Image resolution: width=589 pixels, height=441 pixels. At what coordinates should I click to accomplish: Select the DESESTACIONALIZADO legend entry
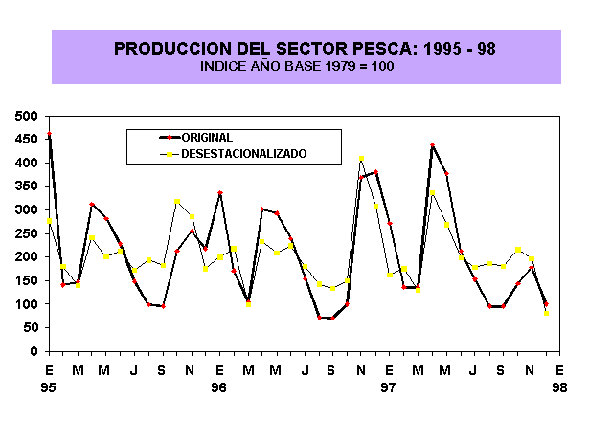243,153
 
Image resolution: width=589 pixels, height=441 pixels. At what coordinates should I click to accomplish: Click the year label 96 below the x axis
219,387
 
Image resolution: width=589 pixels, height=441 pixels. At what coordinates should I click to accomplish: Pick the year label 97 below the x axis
389,387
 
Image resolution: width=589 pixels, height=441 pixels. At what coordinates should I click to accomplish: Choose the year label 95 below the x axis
49,387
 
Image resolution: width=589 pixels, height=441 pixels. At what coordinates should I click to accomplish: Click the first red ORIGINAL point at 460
49,135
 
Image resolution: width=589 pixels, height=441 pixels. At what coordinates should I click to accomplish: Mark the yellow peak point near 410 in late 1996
361,159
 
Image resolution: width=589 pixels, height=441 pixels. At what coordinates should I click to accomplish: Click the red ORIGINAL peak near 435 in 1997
432,145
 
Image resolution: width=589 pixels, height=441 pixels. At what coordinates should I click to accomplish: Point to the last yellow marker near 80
547,313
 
